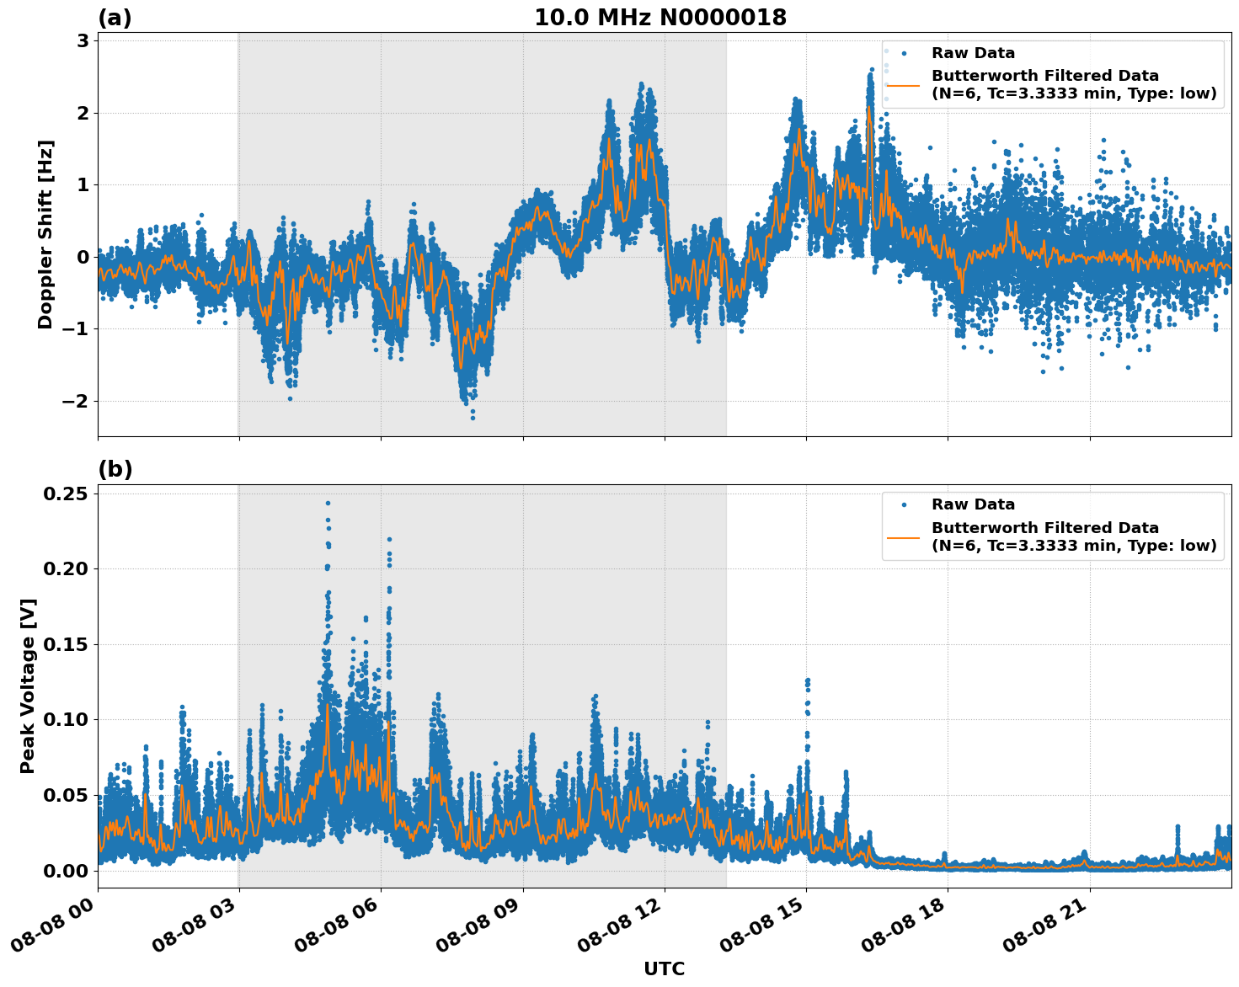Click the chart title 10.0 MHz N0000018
(x=660, y=18)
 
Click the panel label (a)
(x=115, y=18)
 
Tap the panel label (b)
(x=115, y=469)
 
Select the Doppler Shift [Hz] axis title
(x=45, y=234)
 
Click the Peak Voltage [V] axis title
(x=28, y=686)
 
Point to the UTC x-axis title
(x=664, y=968)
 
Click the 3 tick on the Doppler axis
(x=83, y=41)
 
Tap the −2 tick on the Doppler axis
(x=75, y=401)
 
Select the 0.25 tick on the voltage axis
(x=65, y=493)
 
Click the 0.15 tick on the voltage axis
(x=65, y=644)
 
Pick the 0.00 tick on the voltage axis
(x=65, y=871)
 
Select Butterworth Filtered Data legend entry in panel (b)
(x=1044, y=536)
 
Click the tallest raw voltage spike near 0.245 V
(x=328, y=504)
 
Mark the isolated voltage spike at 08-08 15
(x=807, y=680)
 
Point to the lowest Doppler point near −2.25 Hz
(x=473, y=418)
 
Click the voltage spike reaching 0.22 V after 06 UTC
(x=389, y=540)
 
